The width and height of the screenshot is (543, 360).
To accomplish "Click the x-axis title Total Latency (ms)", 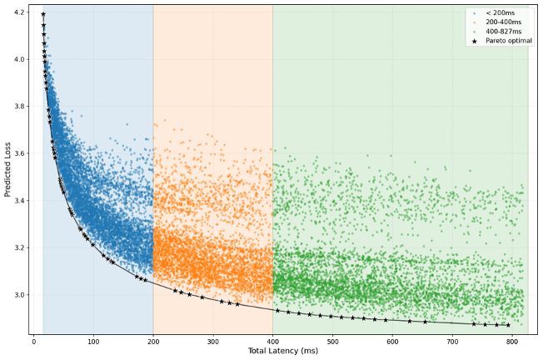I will pos(283,352).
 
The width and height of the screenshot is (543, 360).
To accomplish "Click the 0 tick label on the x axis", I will pos(34,340).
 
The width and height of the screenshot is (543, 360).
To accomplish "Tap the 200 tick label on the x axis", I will pos(153,340).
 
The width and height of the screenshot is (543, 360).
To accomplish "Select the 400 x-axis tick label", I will pos(272,340).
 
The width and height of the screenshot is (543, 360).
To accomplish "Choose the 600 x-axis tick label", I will pos(392,340).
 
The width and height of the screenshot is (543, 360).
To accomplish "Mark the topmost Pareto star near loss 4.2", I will pos(43,14).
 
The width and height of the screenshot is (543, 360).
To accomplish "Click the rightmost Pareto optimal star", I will pos(508,325).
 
